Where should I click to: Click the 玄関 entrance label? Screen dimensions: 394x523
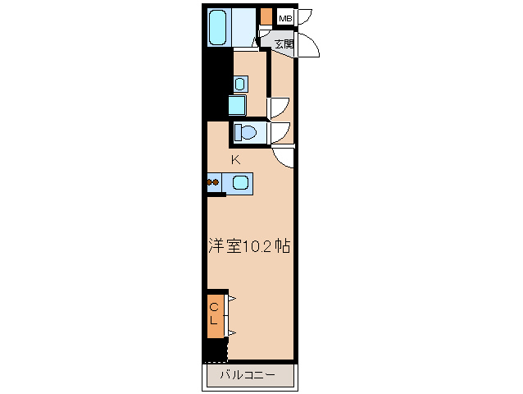pos(284,44)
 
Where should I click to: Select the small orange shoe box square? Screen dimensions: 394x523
pos(266,16)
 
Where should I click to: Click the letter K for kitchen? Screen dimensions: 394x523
pos(234,159)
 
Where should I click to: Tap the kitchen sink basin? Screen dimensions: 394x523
pos(241,182)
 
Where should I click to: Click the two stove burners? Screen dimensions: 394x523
pos(213,182)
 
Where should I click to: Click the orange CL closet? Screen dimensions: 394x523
pos(215,314)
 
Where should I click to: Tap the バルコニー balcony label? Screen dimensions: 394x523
pos(248,376)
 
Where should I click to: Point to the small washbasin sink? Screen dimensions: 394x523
pos(240,83)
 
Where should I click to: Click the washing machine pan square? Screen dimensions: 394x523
pos(238,105)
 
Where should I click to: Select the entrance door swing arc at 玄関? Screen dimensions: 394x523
pos(308,45)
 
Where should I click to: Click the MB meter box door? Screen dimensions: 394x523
pos(305,16)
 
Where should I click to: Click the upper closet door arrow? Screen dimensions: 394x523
pos(232,299)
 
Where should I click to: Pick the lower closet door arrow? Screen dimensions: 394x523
pos(232,332)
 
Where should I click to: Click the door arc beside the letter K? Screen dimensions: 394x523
pos(284,156)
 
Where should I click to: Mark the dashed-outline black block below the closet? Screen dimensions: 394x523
pos(216,350)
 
